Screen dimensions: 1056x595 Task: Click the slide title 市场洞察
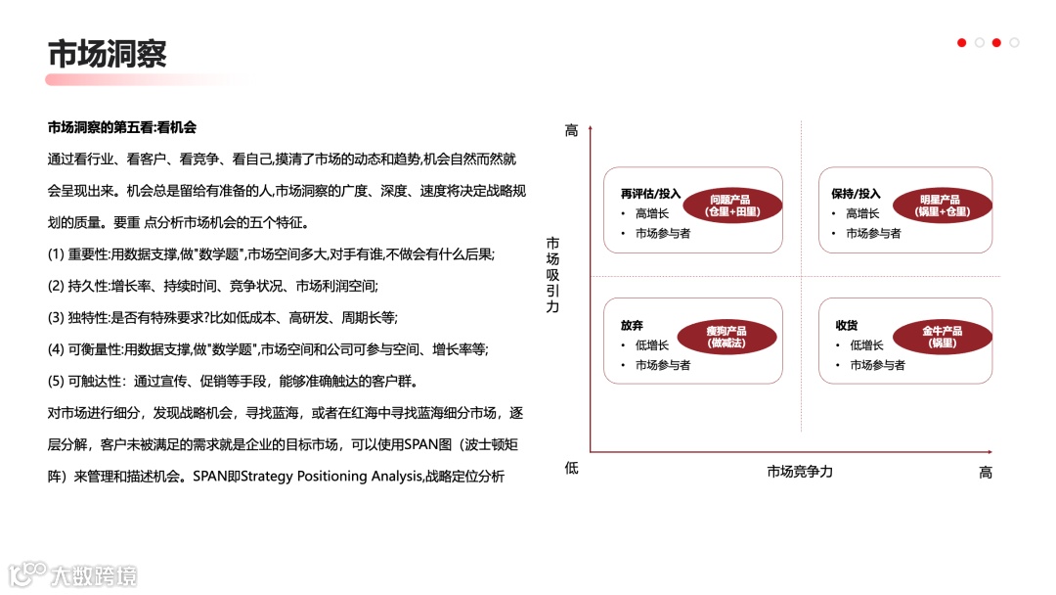[x=107, y=53]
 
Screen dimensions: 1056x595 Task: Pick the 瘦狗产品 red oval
[x=726, y=337]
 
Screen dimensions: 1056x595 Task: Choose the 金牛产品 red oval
[x=943, y=337]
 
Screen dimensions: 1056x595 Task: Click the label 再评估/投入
[x=650, y=194]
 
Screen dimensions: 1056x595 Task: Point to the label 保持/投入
[x=856, y=194]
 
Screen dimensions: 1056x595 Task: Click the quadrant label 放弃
[x=632, y=325]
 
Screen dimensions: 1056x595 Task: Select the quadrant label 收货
[x=846, y=325]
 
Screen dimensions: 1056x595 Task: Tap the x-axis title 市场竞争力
[x=800, y=472]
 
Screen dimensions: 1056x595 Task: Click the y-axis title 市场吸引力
[x=552, y=275]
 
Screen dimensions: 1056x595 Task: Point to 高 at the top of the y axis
[x=571, y=130]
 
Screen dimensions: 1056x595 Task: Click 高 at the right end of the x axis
[x=985, y=473]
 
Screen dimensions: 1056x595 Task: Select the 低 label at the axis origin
[x=571, y=468]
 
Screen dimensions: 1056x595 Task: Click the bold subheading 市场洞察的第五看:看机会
[x=122, y=127]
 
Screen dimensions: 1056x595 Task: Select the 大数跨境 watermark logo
[x=73, y=574]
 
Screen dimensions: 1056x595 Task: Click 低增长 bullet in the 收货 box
[x=866, y=345]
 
